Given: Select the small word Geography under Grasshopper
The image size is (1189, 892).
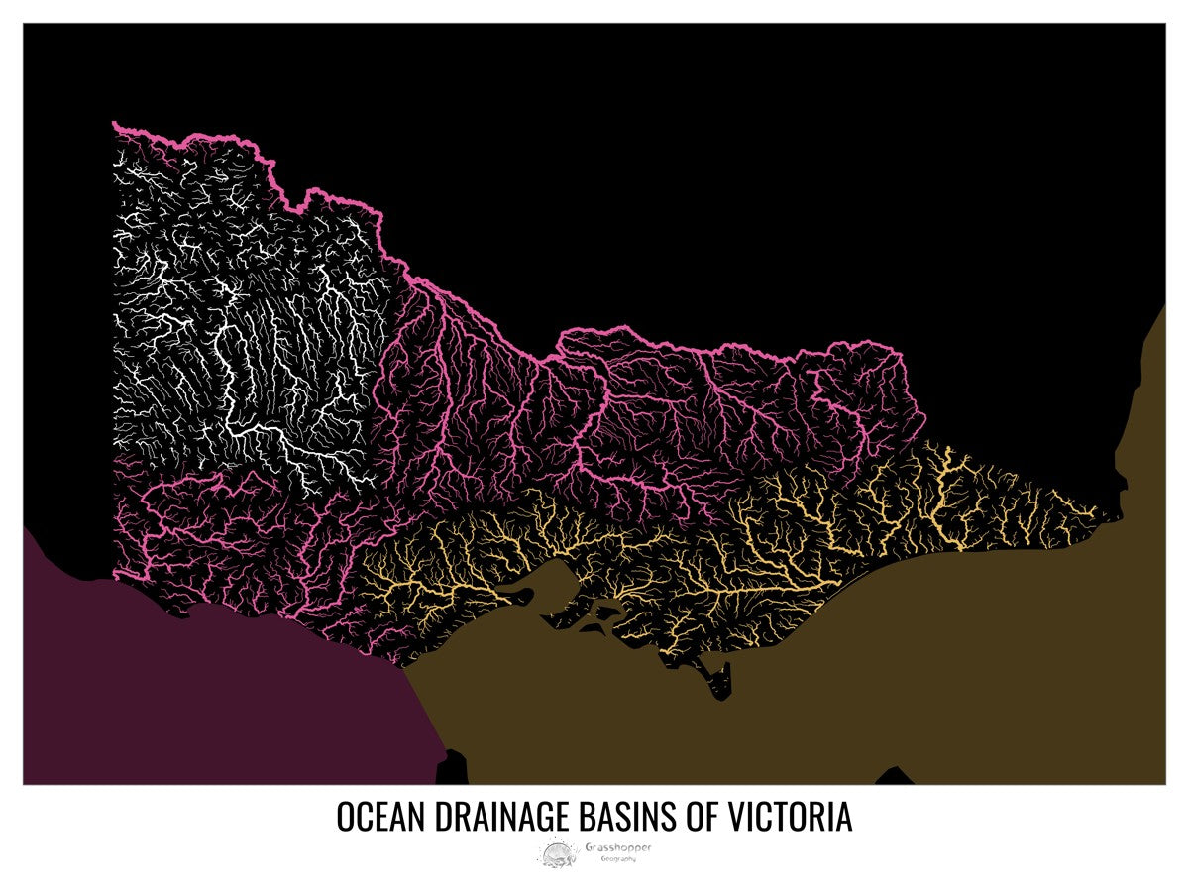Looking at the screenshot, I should (618, 859).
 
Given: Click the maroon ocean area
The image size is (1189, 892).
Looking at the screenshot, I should (198, 694).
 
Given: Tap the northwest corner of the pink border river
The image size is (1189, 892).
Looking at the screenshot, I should (117, 125).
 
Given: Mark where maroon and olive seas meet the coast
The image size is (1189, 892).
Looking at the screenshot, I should (404, 671).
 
